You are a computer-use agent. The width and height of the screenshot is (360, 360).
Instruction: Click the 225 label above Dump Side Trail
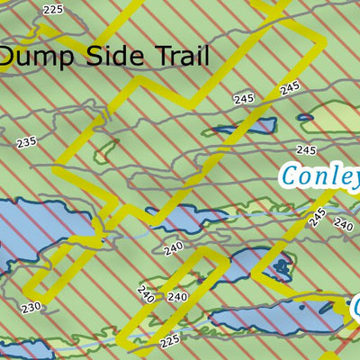pyautogui.click(x=53, y=9)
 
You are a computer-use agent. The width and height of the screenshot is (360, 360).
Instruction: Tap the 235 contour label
pyautogui.click(x=26, y=141)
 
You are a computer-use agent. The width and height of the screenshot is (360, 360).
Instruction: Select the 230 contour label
pyautogui.click(x=31, y=308)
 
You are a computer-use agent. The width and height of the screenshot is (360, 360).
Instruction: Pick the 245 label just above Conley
pyautogui.click(x=306, y=150)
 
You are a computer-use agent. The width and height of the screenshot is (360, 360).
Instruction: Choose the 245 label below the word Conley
pyautogui.click(x=317, y=216)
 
